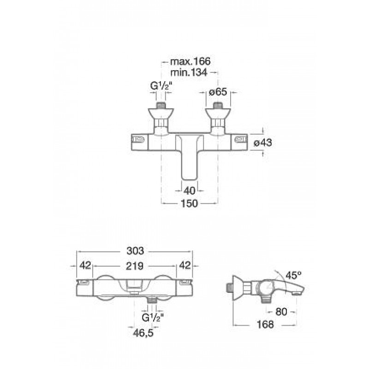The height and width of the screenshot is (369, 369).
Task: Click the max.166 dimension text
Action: [190, 61]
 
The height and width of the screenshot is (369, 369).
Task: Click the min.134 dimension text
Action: [189, 72]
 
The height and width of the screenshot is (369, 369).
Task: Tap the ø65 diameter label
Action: [218, 92]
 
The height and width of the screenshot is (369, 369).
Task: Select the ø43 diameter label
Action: [262, 143]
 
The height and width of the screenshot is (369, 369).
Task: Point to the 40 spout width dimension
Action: [190, 190]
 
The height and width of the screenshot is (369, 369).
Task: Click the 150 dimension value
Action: [190, 203]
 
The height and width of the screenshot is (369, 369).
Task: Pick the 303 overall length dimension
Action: [135, 251]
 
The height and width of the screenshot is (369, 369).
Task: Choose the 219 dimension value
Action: [135, 266]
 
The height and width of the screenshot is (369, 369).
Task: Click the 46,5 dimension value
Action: [143, 333]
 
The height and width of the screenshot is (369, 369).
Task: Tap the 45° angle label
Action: [293, 275]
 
